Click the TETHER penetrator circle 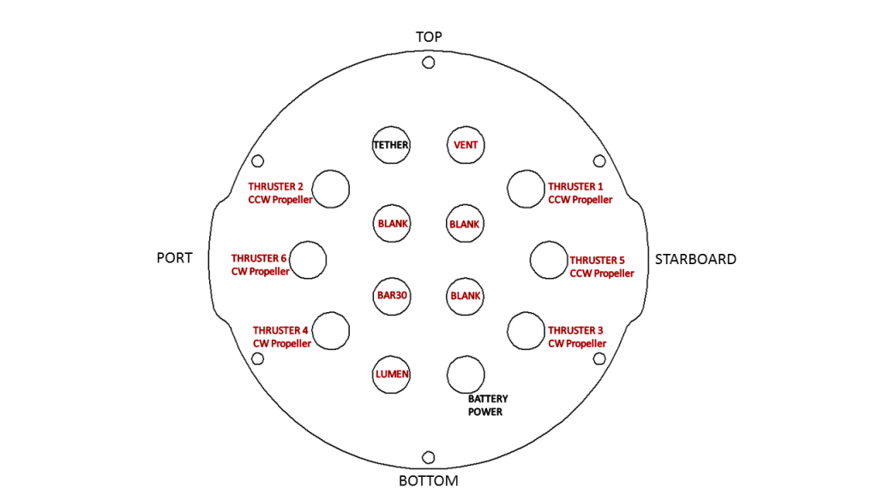391,145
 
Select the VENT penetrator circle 466,145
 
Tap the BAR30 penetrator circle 391,296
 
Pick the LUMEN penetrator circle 391,374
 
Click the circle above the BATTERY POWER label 466,374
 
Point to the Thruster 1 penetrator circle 526,189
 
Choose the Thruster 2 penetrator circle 331,189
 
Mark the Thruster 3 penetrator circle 526,330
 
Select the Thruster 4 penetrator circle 331,330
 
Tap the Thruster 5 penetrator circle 548,260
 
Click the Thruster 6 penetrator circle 309,260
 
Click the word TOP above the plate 429,37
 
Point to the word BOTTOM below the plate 429,480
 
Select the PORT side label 174,258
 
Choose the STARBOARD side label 695,259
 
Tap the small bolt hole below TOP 429,63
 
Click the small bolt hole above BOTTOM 429,457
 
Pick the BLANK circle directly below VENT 466,224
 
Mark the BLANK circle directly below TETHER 391,224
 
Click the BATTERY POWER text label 488,406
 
